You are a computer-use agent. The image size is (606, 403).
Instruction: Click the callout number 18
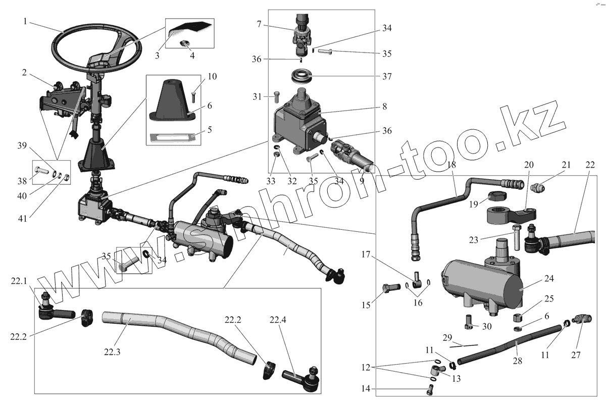click(452, 165)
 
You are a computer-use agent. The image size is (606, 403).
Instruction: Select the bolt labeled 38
click(42, 171)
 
